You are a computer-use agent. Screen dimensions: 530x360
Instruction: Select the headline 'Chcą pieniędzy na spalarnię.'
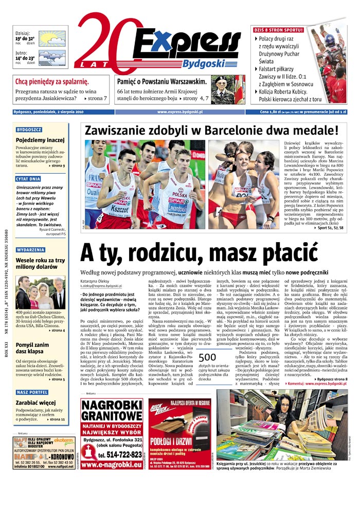click(x=52, y=82)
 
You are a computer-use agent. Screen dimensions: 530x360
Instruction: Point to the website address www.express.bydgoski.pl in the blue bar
click(x=179, y=112)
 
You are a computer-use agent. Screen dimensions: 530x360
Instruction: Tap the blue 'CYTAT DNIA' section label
click(x=28, y=178)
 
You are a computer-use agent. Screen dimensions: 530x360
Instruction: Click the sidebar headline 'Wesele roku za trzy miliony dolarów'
click(x=40, y=264)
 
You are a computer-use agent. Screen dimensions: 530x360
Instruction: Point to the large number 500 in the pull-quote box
click(x=207, y=358)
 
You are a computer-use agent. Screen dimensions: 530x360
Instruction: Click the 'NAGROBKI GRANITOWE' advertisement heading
click(x=111, y=412)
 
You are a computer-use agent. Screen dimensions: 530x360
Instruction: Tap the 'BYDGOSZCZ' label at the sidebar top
click(x=29, y=130)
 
